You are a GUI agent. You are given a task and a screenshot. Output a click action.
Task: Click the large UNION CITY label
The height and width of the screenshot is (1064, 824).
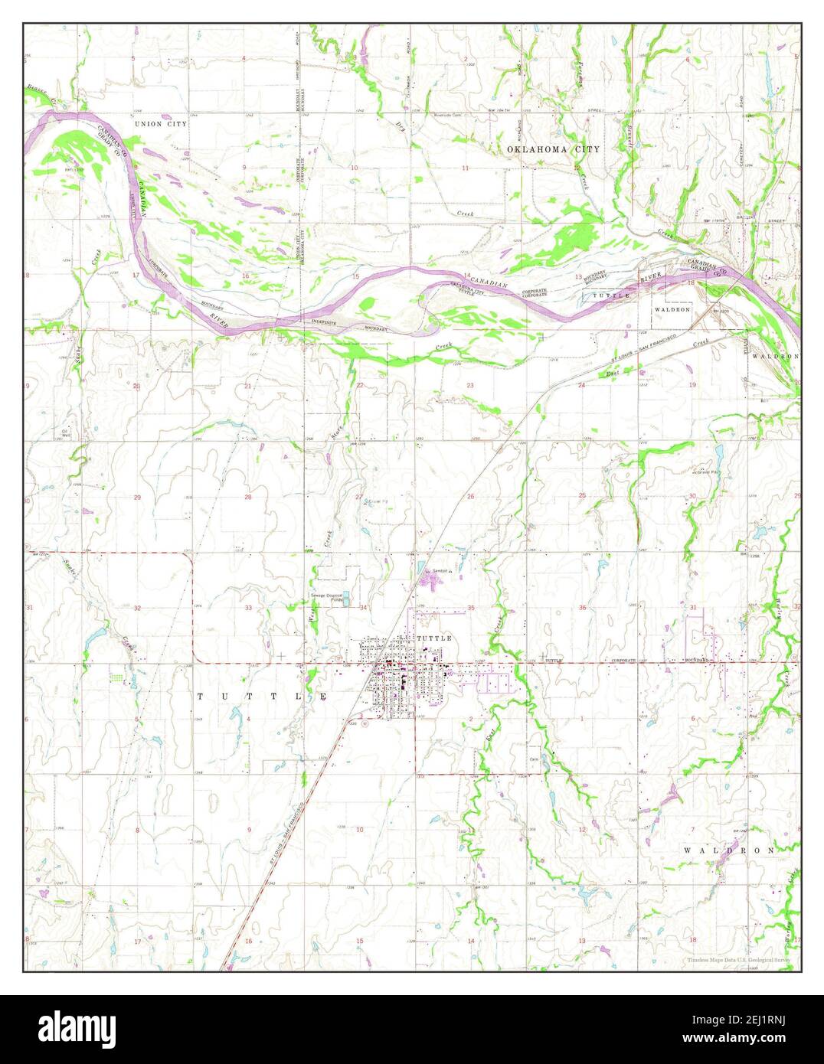click(160, 123)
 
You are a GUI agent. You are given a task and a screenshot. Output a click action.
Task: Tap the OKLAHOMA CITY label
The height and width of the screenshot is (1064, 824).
click(554, 149)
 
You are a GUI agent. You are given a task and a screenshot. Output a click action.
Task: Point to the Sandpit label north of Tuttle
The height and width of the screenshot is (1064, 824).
click(439, 570)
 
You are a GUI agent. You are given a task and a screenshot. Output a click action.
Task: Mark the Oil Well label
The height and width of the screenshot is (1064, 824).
click(67, 433)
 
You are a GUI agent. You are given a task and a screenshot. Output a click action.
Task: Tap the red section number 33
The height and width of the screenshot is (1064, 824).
click(248, 608)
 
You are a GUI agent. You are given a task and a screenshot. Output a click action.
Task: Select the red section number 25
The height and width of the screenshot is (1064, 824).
click(582, 496)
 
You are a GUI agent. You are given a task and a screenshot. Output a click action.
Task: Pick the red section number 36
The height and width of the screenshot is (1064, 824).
click(582, 608)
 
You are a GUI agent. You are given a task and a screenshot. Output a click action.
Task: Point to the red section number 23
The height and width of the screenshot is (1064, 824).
click(470, 386)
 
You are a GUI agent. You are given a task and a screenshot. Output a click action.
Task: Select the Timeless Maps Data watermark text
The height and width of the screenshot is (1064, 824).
click(739, 959)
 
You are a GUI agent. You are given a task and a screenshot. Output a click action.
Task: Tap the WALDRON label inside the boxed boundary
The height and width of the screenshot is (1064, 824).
click(672, 309)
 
